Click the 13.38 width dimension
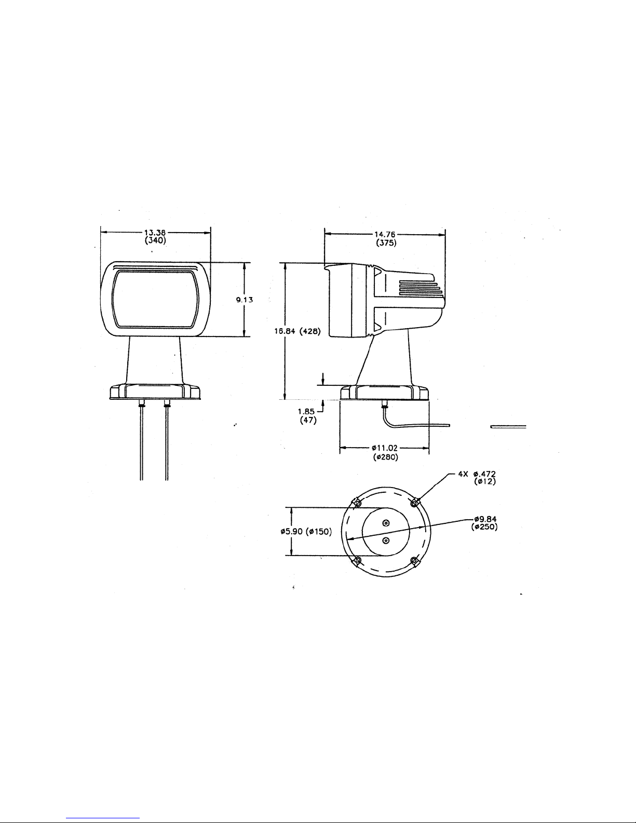point(155,233)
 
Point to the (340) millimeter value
point(156,240)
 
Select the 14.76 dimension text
point(386,235)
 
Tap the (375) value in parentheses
point(386,243)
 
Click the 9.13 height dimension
point(245,300)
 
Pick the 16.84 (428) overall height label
point(297,331)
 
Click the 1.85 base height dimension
point(306,412)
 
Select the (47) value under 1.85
point(308,420)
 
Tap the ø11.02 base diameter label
point(385,449)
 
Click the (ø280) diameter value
point(386,457)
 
